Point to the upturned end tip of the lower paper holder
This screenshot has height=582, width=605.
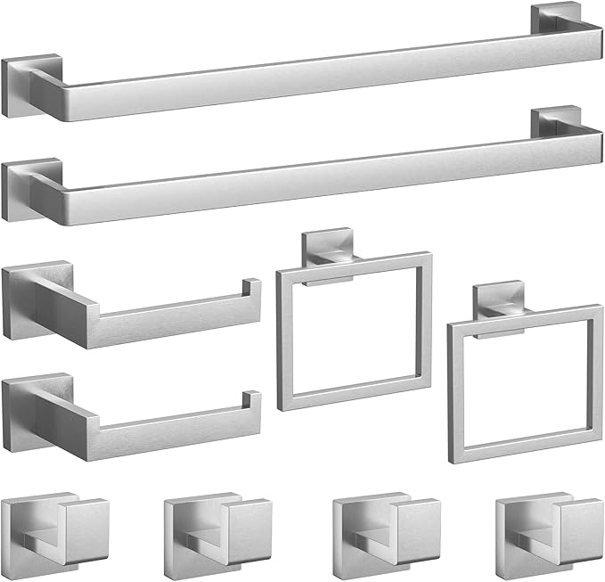coord(252,400)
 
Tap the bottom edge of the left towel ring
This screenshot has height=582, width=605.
coord(356,400)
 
